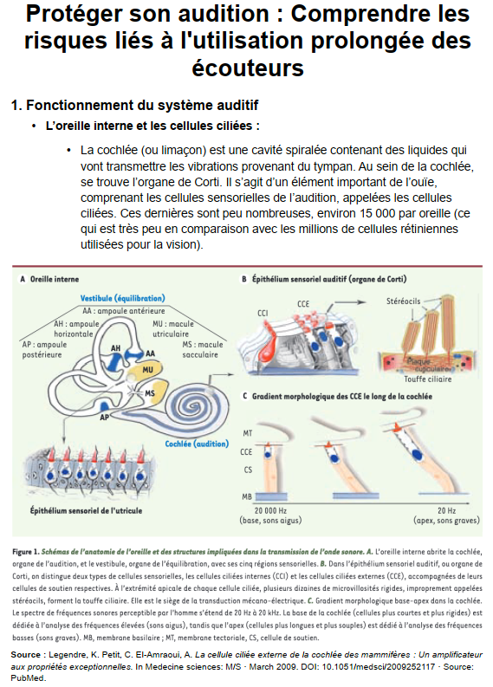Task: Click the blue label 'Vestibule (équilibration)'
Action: coord(123,298)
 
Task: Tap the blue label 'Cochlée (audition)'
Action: coord(197,444)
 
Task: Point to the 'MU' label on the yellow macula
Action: coord(147,370)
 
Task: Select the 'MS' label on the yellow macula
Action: coord(150,393)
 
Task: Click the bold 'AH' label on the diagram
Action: coord(116,348)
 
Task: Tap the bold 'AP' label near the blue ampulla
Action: coord(104,418)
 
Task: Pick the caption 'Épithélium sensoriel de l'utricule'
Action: coord(86,510)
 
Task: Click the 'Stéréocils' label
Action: coord(403,301)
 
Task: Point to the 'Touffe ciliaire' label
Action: coord(427,379)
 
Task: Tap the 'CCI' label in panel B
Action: coord(263,314)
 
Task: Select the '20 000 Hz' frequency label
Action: coord(270,510)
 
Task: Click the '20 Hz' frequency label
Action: coord(446,510)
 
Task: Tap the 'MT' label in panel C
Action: coord(248,433)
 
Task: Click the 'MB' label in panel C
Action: coord(247,497)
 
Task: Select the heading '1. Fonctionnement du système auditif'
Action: coord(135,106)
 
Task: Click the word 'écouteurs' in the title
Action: coord(248,68)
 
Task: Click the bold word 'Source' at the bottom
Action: coord(26,655)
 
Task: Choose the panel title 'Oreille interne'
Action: coord(55,279)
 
